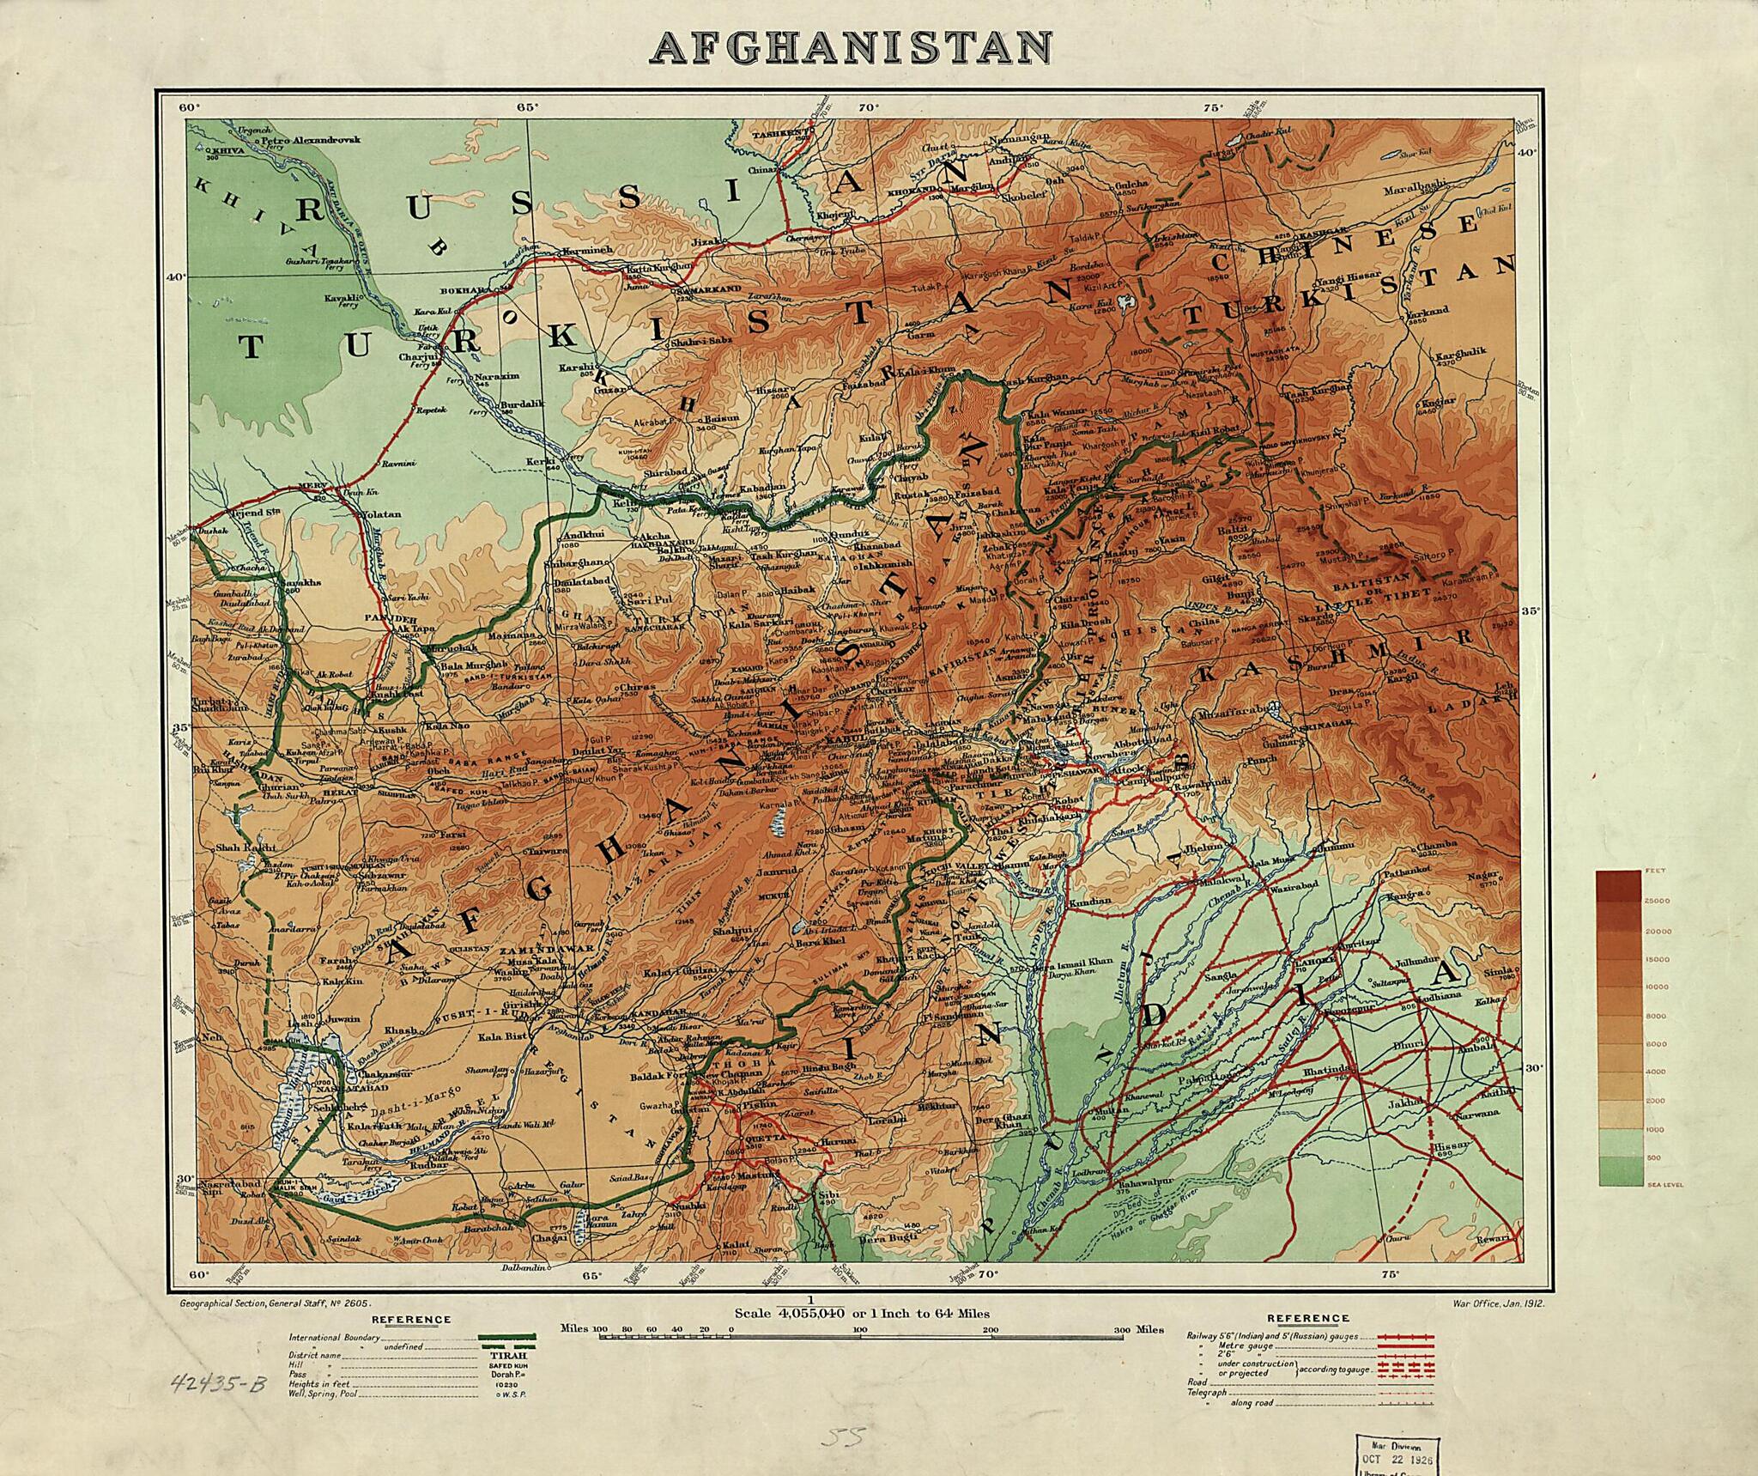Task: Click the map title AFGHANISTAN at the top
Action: pyautogui.click(x=851, y=49)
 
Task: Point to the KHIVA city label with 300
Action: pyautogui.click(x=226, y=149)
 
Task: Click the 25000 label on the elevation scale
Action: pyautogui.click(x=1656, y=901)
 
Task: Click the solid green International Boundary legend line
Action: pyautogui.click(x=508, y=1337)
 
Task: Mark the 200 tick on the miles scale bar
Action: pyautogui.click(x=990, y=1329)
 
